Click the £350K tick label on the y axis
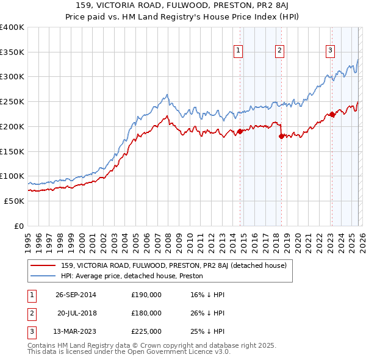click(12, 52)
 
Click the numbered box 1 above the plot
click(237, 51)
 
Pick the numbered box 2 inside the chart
click(279, 51)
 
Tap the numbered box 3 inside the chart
click(330, 51)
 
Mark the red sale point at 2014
click(240, 131)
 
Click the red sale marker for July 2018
click(281, 137)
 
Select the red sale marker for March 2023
click(331, 114)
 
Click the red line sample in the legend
click(44, 265)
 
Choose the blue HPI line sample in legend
click(44, 276)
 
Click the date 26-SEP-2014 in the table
click(76, 295)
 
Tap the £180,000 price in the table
click(146, 313)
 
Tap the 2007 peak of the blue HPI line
click(167, 95)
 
